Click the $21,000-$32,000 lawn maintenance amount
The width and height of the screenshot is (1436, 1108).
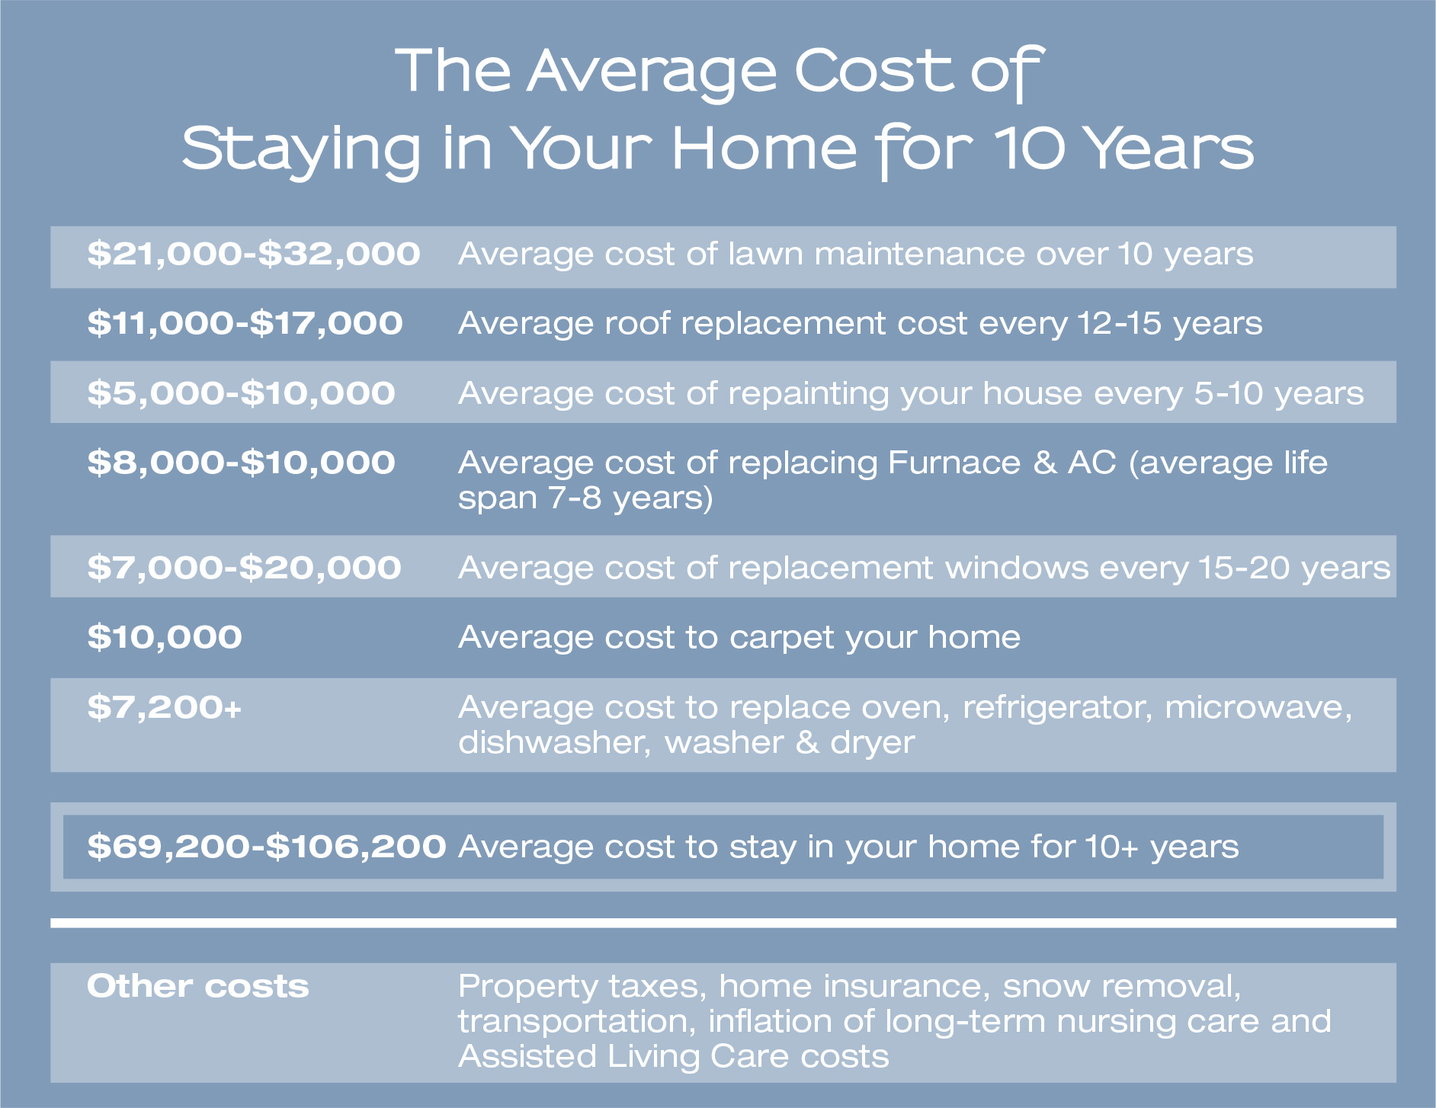pos(253,254)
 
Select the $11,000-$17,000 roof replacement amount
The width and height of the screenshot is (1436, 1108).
pos(245,323)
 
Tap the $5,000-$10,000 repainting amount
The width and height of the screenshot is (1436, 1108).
pos(241,393)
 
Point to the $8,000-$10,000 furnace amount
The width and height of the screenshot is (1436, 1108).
pos(241,463)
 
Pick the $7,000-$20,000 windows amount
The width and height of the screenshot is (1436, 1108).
pos(244,568)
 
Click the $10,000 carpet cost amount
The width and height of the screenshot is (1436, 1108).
pos(165,637)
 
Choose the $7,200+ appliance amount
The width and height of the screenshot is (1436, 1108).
pos(165,707)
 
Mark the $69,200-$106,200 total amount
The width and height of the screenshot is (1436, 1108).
pos(267,847)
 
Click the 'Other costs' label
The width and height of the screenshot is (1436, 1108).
pos(198,986)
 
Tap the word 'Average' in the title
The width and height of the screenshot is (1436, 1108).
pos(652,72)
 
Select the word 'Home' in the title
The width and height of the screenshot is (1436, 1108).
pos(764,148)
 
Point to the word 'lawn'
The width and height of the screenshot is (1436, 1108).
pos(765,254)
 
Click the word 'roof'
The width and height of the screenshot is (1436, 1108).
pos(636,323)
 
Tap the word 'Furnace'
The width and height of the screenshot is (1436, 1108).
pos(954,463)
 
